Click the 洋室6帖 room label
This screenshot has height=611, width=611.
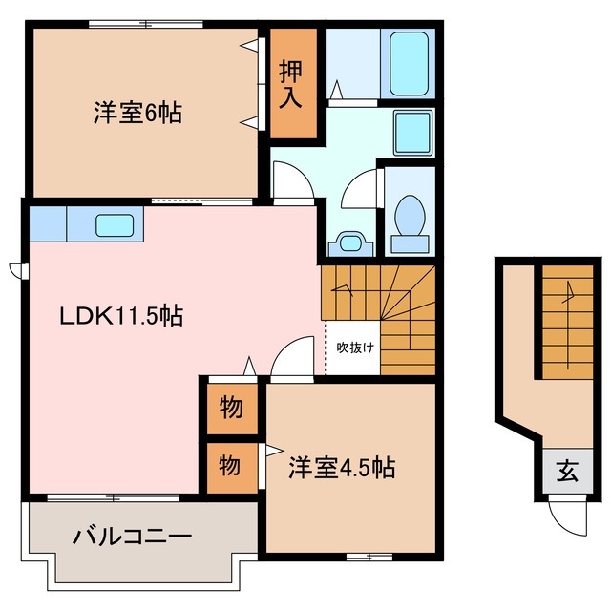(138, 113)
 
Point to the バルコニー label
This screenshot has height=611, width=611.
(133, 536)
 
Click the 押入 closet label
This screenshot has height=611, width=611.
(292, 83)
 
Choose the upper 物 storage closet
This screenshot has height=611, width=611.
(229, 409)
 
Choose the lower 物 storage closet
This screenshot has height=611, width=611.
(229, 466)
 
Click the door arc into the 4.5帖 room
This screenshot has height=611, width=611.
(291, 362)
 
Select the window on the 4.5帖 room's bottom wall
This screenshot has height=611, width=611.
(369, 555)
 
